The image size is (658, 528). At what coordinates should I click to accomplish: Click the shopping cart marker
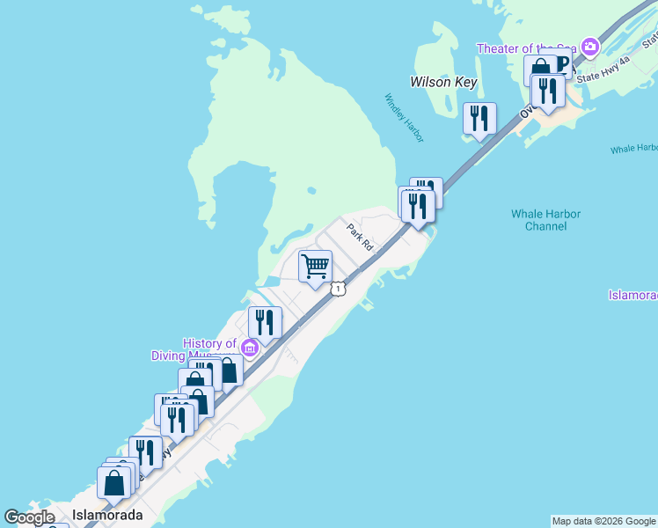tap(315, 266)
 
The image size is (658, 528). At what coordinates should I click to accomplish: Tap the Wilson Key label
tap(443, 82)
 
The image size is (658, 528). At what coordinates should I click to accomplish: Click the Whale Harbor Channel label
tap(546, 220)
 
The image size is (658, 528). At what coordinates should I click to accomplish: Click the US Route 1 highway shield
tap(337, 289)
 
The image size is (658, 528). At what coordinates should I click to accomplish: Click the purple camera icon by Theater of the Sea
tap(589, 46)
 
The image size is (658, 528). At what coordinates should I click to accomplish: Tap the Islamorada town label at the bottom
tap(106, 516)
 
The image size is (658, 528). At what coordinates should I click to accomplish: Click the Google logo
tap(30, 517)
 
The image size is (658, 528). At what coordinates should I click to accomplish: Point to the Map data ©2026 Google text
tap(603, 521)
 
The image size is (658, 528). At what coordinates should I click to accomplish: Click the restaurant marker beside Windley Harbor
tap(479, 118)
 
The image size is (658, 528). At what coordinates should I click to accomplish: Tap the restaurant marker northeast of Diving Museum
tap(265, 322)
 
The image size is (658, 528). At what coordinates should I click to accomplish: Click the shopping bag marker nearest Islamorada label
tap(114, 482)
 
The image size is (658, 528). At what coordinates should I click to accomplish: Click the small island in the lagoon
tap(311, 189)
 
